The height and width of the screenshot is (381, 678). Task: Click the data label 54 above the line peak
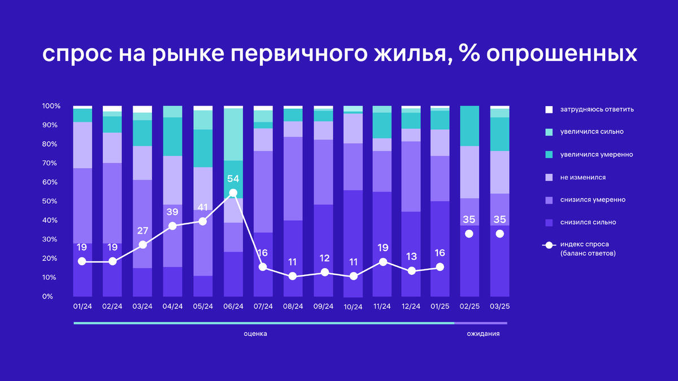[x=233, y=179]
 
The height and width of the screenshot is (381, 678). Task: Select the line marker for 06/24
[x=233, y=193]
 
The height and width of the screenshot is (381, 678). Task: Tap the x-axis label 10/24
[x=353, y=306]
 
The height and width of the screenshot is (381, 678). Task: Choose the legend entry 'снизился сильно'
[x=588, y=222]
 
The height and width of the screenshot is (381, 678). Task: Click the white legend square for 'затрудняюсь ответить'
[x=548, y=109]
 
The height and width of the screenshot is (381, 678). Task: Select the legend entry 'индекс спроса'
[x=585, y=245]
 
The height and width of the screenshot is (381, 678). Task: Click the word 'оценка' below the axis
[x=255, y=334]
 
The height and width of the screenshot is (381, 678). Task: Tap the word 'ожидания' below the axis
[x=483, y=334]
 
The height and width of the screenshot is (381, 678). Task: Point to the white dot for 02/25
[x=469, y=234]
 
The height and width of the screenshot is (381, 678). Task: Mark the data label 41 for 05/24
[x=203, y=207]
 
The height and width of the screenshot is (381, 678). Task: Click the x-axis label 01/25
[x=440, y=306]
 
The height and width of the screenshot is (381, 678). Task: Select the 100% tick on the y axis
[x=51, y=106]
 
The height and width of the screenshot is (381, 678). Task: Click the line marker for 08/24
[x=293, y=276]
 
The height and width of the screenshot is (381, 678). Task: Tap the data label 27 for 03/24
[x=142, y=230]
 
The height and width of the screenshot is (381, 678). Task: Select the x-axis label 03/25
[x=499, y=306]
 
